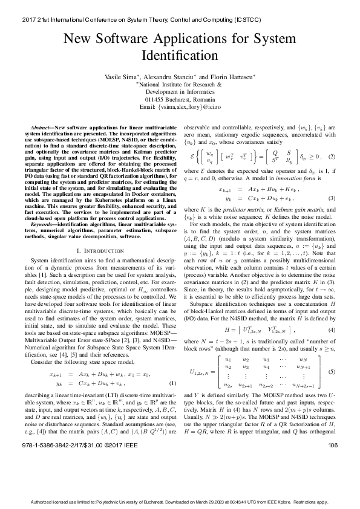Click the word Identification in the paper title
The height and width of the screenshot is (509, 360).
(180, 56)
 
